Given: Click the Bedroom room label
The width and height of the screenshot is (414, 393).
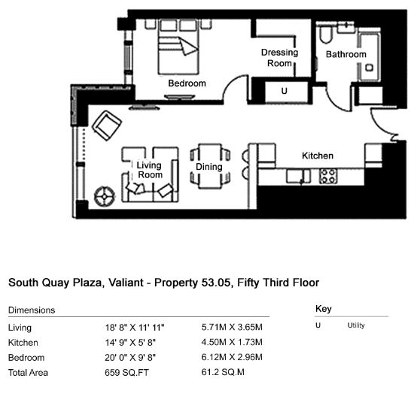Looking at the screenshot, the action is tap(187, 83).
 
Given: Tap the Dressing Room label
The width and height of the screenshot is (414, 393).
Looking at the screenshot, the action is tap(279, 58).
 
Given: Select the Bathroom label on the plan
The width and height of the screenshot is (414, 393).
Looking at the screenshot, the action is tap(346, 54).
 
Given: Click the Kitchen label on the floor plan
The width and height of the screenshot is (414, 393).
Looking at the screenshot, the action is tap(318, 156).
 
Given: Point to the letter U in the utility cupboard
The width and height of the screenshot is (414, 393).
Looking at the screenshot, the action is tap(284, 91).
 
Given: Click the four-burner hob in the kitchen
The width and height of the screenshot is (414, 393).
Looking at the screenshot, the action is tap(328, 176).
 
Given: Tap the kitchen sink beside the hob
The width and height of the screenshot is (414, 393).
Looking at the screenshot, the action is tap(298, 176).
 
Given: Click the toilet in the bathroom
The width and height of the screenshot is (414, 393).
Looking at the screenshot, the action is tap(326, 34).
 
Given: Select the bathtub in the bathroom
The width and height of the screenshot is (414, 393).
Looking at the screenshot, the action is tap(370, 55).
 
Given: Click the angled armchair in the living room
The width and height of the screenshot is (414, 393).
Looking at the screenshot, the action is tap(107, 125).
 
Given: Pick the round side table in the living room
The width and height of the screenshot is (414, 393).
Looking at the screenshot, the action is tap(105, 196).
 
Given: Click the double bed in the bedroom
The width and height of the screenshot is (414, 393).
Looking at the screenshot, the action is tap(178, 47).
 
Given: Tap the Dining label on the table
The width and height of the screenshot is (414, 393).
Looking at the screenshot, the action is tap(209, 167).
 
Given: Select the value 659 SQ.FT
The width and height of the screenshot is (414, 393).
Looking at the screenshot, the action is tap(126, 373).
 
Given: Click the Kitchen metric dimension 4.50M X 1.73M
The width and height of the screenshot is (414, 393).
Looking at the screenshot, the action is tap(232, 342).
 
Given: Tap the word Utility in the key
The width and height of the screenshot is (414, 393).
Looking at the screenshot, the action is tap(356, 325).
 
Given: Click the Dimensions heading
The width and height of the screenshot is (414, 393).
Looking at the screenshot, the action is tap(32, 310).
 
